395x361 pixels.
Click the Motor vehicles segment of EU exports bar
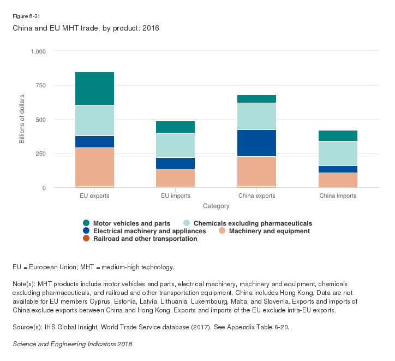(x=94, y=88)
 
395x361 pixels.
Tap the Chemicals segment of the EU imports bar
(x=175, y=145)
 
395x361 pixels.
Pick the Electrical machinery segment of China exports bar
(x=256, y=143)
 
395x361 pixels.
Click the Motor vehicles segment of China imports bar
(x=337, y=136)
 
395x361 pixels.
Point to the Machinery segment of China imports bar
(x=337, y=180)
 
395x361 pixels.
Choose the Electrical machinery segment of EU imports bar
(x=175, y=163)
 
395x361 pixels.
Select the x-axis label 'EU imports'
(x=175, y=196)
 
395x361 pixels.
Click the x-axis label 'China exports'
(x=256, y=196)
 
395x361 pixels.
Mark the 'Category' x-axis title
(x=216, y=206)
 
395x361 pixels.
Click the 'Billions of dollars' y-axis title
(x=22, y=120)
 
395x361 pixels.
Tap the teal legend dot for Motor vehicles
(x=86, y=223)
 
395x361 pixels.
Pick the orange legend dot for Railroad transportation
(x=86, y=239)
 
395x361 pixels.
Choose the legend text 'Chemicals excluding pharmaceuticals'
(x=253, y=223)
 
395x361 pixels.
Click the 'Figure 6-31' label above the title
(x=26, y=16)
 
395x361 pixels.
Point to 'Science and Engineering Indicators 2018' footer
(x=72, y=345)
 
